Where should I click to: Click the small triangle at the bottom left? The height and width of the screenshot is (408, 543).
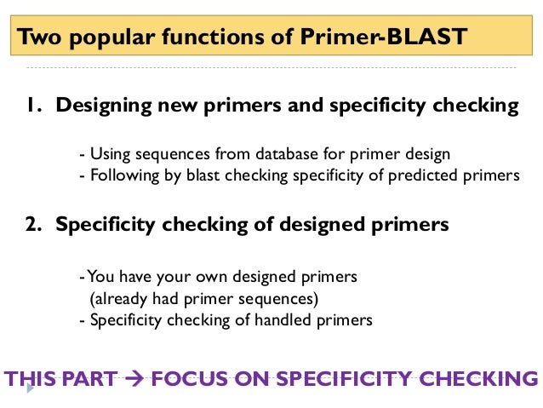pos(31,388)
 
